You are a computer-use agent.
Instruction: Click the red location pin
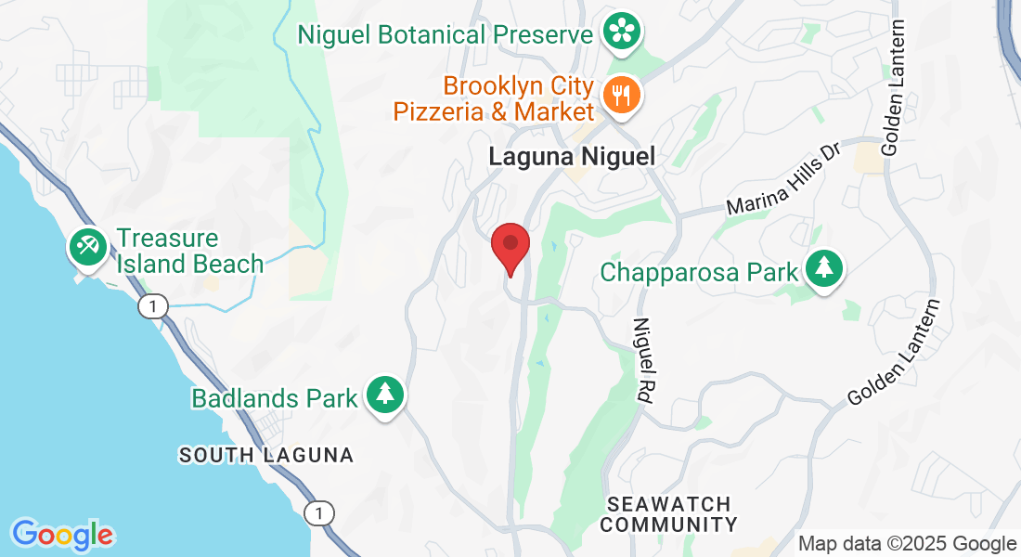tap(510, 246)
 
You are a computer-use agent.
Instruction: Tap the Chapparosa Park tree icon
tap(823, 269)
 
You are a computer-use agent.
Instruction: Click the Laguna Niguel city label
tap(572, 156)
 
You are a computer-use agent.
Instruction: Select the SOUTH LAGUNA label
tap(266, 456)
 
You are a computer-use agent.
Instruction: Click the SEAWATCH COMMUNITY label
tap(669, 514)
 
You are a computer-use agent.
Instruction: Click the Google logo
tap(62, 535)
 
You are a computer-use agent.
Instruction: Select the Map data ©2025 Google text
tap(908, 544)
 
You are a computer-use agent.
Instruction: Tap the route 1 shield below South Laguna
tap(319, 512)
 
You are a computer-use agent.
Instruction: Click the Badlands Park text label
tap(275, 399)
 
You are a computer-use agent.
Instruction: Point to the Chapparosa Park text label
tap(699, 272)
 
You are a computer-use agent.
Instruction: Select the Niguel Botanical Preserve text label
tap(445, 35)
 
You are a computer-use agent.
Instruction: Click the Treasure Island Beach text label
tap(190, 252)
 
